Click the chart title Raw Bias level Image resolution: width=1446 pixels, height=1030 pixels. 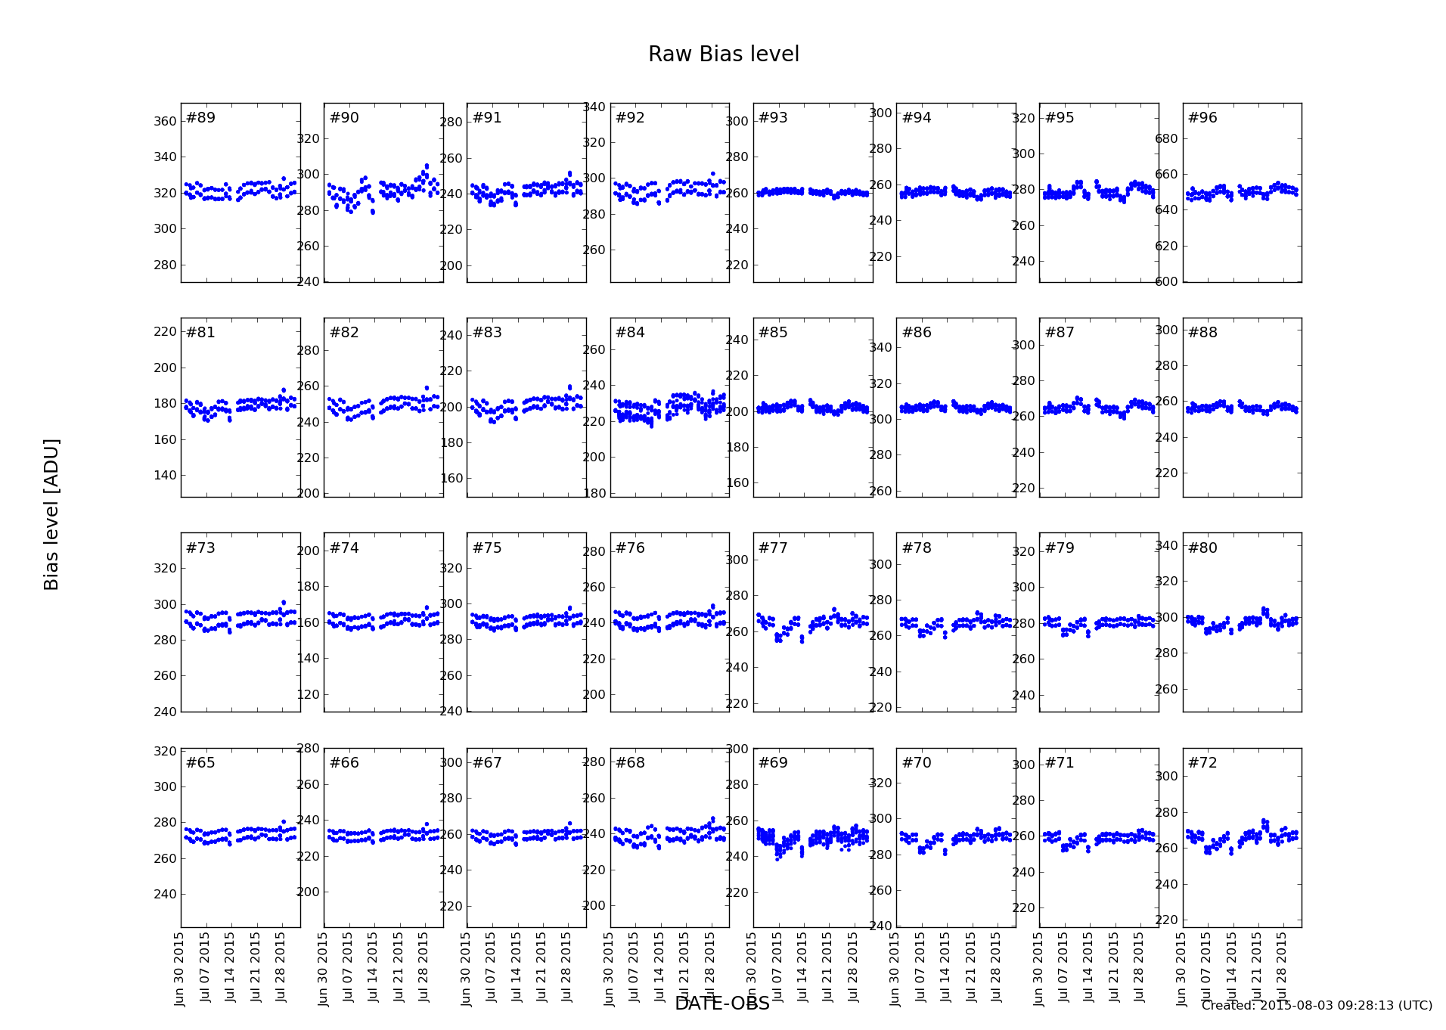point(723,54)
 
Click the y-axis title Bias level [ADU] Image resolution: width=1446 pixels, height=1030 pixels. point(51,514)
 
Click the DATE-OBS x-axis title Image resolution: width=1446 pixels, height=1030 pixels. point(721,1004)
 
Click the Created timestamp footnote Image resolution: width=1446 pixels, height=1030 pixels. point(1316,1006)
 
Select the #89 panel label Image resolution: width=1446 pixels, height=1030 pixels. point(200,118)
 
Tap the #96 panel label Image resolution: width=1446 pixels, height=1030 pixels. point(1202,118)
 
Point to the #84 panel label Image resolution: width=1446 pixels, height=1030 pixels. point(630,333)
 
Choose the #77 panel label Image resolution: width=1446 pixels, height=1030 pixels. point(773,548)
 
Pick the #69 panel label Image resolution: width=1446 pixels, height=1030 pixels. point(773,763)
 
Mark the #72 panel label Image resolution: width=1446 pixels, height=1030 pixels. point(1202,763)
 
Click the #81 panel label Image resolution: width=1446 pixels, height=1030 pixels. point(200,333)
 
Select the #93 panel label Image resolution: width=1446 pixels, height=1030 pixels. point(773,118)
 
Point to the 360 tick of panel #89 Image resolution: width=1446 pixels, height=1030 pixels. point(166,122)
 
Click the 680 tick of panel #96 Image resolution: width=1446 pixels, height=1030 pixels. point(1168,139)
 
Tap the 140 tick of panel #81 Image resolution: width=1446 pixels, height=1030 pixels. point(166,476)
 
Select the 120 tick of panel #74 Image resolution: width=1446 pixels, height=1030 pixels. point(309,695)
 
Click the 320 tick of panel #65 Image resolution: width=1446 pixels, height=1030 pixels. point(166,752)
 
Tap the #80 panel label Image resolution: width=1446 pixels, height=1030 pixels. point(1202,548)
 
